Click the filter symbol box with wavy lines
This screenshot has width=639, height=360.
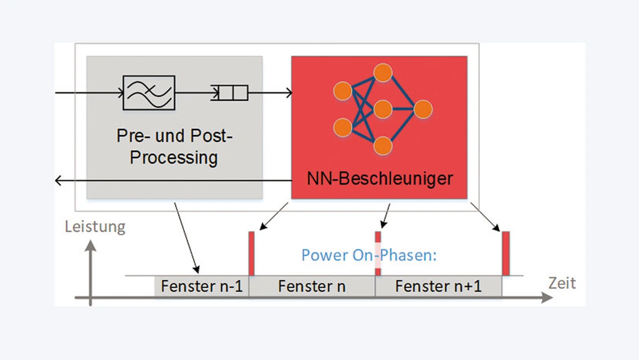[x=149, y=92]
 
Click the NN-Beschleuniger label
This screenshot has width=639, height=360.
[x=380, y=178]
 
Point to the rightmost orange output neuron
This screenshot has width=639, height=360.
[x=422, y=109]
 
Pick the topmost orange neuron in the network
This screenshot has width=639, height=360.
[x=382, y=73]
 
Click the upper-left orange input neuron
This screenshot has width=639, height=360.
[x=342, y=91]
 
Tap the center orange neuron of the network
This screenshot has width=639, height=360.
[x=382, y=109]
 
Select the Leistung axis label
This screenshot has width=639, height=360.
[x=95, y=227]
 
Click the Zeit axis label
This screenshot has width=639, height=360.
[x=562, y=283]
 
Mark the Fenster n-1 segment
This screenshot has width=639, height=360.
[x=201, y=286]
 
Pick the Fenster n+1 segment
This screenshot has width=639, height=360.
[x=438, y=286]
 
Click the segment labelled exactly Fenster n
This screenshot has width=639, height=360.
[x=312, y=286]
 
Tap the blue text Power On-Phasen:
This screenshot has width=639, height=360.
[x=369, y=255]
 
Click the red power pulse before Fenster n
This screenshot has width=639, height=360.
[x=251, y=253]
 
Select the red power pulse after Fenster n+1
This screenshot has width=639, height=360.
[x=506, y=253]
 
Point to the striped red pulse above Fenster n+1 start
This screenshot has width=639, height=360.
[x=378, y=253]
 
